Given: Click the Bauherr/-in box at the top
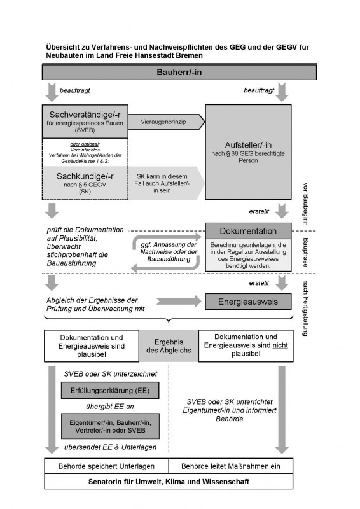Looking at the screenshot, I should point(179,73).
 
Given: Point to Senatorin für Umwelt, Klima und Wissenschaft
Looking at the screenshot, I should point(179,481).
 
